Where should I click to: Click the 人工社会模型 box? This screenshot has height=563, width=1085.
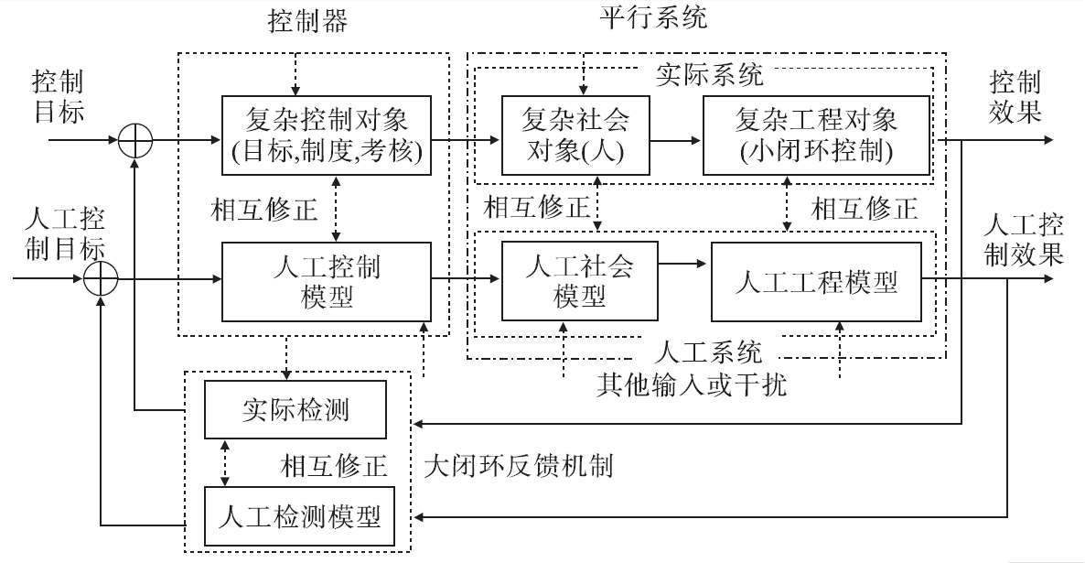[x=579, y=282]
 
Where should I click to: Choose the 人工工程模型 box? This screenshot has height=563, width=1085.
[x=816, y=282]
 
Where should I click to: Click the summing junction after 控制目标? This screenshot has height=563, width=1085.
[x=135, y=142]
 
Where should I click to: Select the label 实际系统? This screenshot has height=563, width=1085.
[x=709, y=74]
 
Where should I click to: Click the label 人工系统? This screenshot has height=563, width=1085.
[x=710, y=351]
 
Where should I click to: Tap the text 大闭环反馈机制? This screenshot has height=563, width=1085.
[x=520, y=466]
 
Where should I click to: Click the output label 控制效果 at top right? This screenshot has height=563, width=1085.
[x=1015, y=98]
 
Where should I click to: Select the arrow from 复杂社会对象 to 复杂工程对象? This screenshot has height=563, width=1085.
[x=676, y=142]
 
